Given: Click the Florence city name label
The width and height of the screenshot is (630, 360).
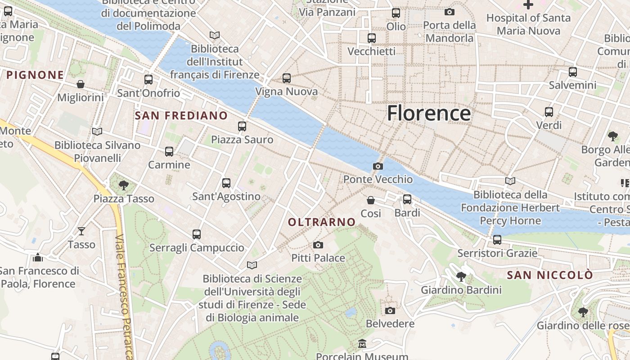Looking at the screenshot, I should click(x=429, y=113).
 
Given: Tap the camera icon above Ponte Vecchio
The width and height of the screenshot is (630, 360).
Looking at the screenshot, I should click(x=378, y=166).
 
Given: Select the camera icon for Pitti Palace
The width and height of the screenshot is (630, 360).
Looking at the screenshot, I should click(x=318, y=245).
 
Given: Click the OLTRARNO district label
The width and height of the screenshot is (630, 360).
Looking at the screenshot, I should click(x=322, y=222).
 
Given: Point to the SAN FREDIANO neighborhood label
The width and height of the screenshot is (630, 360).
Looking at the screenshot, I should click(x=181, y=116).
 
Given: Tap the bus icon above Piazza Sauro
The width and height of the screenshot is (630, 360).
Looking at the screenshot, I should click(x=242, y=126).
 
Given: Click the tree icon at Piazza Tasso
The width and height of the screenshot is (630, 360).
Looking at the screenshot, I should click(x=124, y=185).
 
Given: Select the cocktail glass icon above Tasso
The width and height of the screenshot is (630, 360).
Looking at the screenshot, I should click(x=81, y=231).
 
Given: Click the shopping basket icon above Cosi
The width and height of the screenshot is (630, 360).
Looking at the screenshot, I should click(x=371, y=200).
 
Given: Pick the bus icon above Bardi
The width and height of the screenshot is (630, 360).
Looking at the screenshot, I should click(x=407, y=199).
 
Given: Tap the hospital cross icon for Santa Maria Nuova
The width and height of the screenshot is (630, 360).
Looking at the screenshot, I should click(x=528, y=5).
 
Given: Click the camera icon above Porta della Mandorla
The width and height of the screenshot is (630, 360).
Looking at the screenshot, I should click(x=449, y=12).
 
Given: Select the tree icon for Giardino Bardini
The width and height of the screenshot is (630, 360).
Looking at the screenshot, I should click(x=461, y=276).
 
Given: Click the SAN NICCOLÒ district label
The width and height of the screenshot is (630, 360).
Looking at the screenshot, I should click(x=550, y=275).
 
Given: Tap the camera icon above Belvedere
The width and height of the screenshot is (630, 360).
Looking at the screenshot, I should click(x=390, y=310).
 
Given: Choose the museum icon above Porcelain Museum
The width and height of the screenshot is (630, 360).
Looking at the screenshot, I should click(x=362, y=344).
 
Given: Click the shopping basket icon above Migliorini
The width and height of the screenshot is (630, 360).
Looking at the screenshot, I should click(x=81, y=84).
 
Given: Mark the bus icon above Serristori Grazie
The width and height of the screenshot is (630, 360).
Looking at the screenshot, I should click(x=497, y=240).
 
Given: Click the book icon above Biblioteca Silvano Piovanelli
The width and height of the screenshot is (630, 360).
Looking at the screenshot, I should click(x=97, y=131).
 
